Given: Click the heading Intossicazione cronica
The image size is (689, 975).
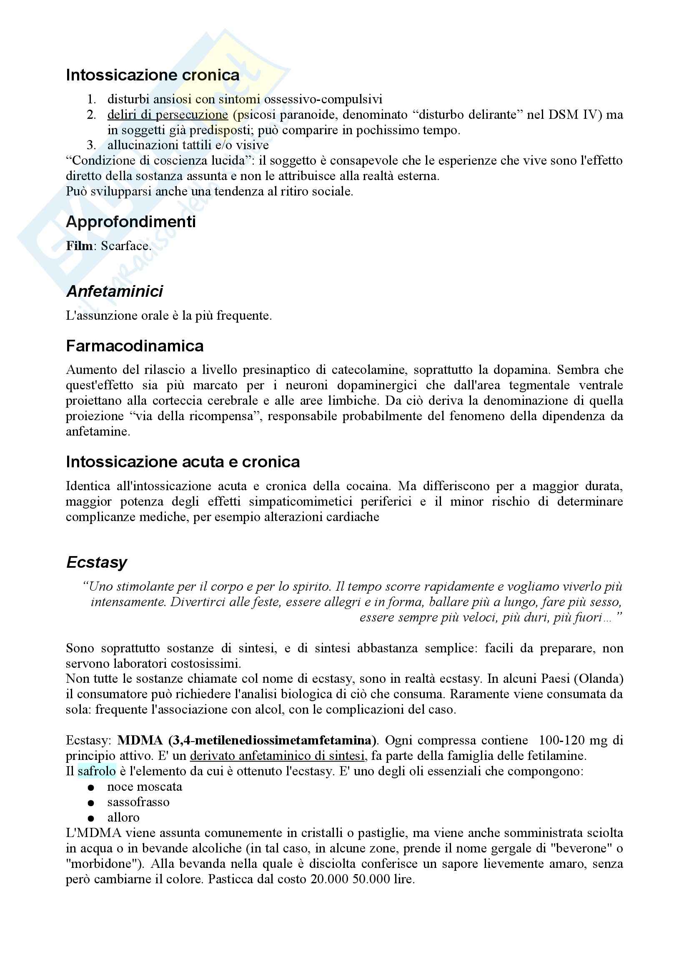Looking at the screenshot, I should (x=153, y=75).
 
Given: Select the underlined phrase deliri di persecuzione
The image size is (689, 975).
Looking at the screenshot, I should (x=168, y=115).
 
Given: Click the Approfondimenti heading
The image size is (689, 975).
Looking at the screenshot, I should (x=131, y=222).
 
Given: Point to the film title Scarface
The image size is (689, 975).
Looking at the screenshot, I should (x=125, y=246).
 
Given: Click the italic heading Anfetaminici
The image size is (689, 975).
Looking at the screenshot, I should (x=114, y=291).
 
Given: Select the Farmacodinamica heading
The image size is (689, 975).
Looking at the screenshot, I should (x=135, y=346).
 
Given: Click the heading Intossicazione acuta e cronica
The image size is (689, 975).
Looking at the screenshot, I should (x=183, y=461).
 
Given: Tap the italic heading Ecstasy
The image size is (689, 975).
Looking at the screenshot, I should (x=96, y=562).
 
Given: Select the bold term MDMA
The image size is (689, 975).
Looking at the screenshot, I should (x=140, y=740).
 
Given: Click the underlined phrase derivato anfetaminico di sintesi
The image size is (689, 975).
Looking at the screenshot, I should (x=277, y=755).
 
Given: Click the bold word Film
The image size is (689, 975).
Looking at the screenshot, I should (x=79, y=246).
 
